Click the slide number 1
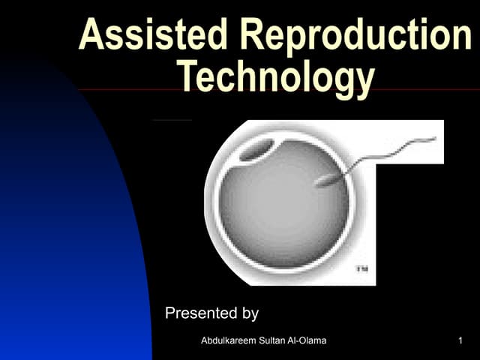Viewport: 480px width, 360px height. point(459,342)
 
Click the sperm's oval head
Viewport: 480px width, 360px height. point(327,180)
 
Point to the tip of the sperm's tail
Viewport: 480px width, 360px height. point(434,138)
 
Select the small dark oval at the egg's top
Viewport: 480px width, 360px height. point(256,151)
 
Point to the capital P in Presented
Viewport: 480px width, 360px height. point(170,313)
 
